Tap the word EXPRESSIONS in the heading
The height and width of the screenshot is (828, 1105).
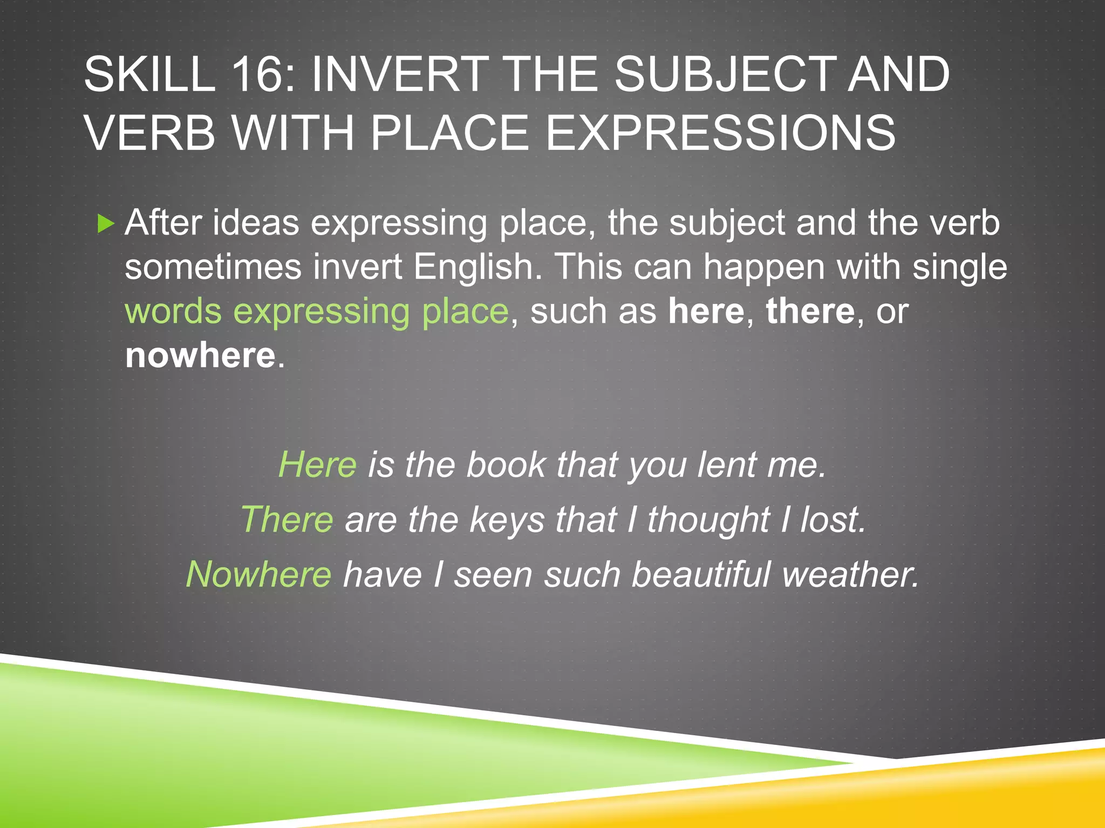pos(720,133)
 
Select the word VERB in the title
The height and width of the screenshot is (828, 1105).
pos(150,133)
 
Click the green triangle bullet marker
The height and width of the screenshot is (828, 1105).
pos(106,223)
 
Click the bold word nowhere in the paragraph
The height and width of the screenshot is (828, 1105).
pos(200,356)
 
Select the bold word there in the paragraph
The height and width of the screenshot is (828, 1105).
pos(810,312)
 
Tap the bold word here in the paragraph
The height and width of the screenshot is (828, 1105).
pos(706,312)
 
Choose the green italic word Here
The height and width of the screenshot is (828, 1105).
pos(317,465)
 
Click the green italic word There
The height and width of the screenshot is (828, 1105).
pos(287,520)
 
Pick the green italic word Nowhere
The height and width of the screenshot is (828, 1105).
pos(258,575)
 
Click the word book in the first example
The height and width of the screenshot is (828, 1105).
pos(506,465)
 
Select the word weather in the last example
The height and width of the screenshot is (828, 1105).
pos(850,575)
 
